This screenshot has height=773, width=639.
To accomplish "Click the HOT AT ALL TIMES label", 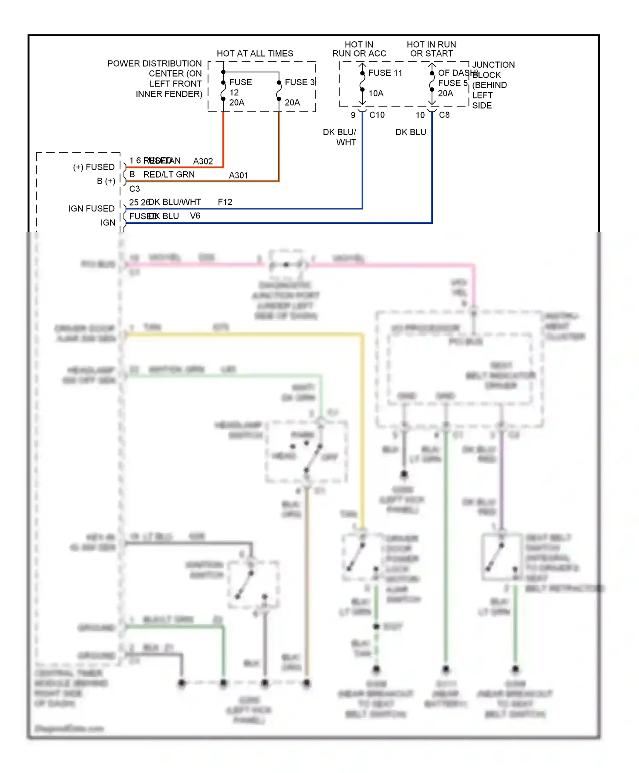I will (255, 54).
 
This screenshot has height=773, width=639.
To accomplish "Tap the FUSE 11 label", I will (385, 73).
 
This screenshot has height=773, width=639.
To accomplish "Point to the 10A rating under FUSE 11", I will (376, 93).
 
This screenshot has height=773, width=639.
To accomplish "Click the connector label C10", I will (377, 115).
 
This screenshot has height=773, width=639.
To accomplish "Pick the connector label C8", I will (444, 115).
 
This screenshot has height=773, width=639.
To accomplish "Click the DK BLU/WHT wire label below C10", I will (340, 137).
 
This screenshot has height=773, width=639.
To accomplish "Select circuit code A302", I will (203, 162).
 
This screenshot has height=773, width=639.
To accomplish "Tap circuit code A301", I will (238, 176).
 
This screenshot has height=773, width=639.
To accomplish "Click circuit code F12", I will (225, 202).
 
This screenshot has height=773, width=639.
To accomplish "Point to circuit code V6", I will (195, 216).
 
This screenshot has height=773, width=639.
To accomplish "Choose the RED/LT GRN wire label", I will (169, 175).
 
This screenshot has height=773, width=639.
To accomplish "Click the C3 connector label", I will (135, 189).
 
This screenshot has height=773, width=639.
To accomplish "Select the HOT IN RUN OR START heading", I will (431, 49).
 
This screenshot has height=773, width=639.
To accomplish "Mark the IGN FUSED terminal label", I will (92, 208).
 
